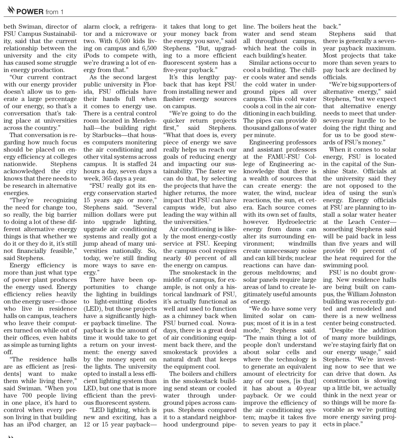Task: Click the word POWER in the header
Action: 30,12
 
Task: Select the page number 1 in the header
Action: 62,12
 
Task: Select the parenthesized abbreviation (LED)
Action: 93,309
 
